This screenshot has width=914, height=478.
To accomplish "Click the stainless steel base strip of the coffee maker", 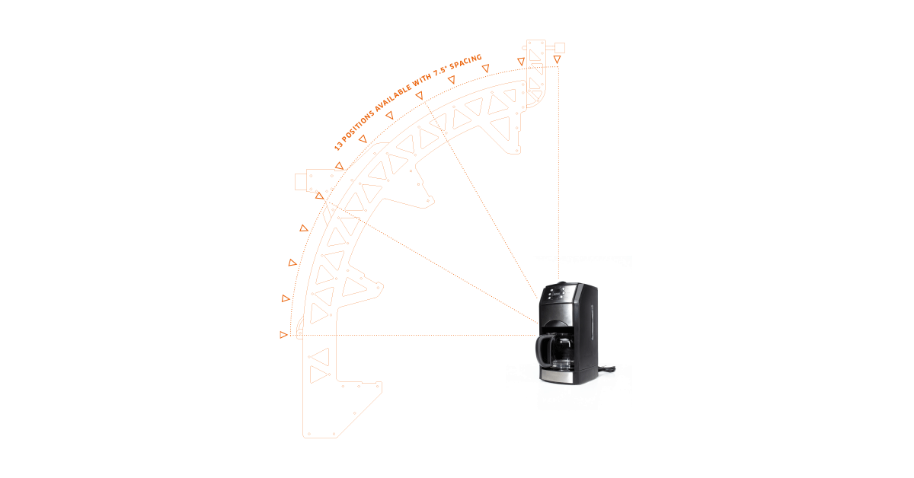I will pyautogui.click(x=557, y=377).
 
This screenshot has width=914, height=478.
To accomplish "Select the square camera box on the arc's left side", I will pyautogui.click(x=300, y=182).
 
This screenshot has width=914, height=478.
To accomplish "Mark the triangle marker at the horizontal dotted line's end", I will pyautogui.click(x=284, y=334).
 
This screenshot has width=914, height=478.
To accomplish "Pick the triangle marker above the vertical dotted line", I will pyautogui.click(x=558, y=59).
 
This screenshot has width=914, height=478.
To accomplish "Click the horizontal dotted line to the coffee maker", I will pyautogui.click(x=419, y=334).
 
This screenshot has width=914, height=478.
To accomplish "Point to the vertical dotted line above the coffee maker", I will pyautogui.click(x=558, y=167).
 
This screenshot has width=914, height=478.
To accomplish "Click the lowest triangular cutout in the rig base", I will pyautogui.click(x=318, y=374).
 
